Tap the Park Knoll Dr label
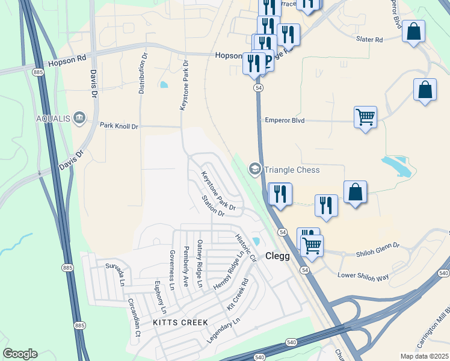119,126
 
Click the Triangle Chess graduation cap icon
255,170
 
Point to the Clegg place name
277,256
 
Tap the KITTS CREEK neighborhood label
180,322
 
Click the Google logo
20,354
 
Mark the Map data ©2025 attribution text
424,356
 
